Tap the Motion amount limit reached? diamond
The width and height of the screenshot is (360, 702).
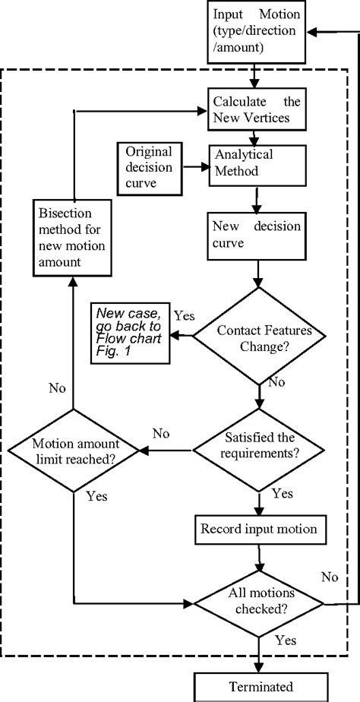[x=73, y=451]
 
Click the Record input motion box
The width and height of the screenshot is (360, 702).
[x=259, y=528]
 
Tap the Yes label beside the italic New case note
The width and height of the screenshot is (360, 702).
[x=184, y=315]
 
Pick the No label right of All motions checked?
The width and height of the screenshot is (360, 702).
[x=328, y=577]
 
